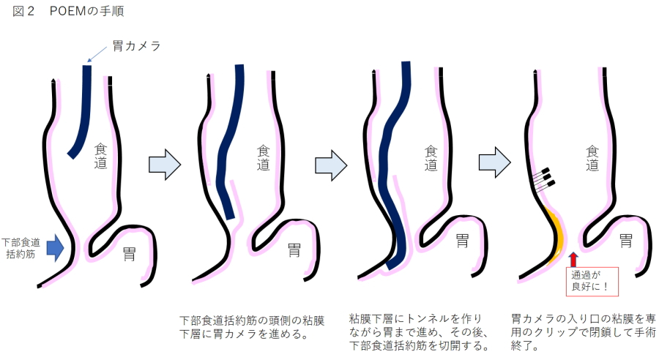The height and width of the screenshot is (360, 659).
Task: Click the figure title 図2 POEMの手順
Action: tap(68, 11)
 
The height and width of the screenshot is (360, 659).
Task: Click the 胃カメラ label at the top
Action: tap(137, 46)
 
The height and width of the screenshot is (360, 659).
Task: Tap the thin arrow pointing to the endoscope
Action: tap(97, 54)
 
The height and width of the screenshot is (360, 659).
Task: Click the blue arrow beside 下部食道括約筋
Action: tap(55, 248)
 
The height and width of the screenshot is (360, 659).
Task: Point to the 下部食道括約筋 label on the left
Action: tap(21, 248)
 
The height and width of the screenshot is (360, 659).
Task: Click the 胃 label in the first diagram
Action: tap(129, 254)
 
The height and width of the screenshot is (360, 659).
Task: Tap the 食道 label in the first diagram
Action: tap(100, 156)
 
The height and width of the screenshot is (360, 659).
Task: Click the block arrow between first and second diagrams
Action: tap(165, 165)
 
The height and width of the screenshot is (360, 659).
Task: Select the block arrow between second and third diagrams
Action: tap(331, 165)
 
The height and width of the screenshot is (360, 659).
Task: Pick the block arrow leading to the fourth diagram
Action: tap(495, 162)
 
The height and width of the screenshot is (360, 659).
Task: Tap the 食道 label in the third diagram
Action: tap(431, 158)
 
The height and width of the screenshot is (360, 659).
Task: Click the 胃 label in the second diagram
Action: tap(294, 250)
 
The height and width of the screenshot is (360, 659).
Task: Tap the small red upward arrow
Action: tap(573, 260)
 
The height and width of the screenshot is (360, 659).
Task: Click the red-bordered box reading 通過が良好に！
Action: tap(592, 282)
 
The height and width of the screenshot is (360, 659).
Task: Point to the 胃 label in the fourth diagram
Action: tap(626, 241)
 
